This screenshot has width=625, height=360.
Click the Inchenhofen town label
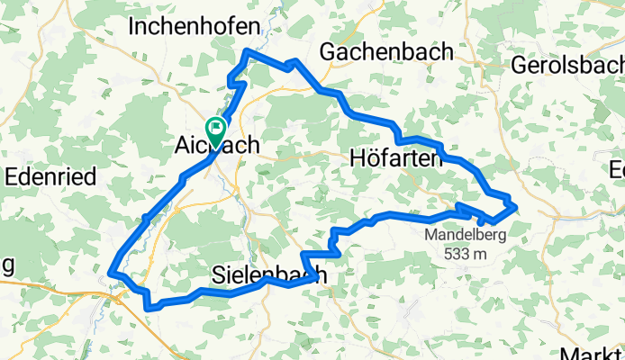(194, 26)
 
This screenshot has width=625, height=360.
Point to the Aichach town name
(216, 145)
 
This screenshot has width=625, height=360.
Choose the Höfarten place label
(394, 159)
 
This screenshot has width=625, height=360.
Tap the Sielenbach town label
(268, 274)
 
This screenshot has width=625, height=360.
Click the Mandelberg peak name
(466, 236)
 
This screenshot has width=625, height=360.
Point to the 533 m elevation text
(465, 253)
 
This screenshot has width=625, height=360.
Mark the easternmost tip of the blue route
(516, 207)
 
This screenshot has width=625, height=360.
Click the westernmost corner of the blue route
(110, 271)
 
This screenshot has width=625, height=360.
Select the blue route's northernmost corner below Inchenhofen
(247, 51)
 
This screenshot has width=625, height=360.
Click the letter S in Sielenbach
(218, 274)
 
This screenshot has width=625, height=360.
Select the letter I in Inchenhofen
(132, 26)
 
